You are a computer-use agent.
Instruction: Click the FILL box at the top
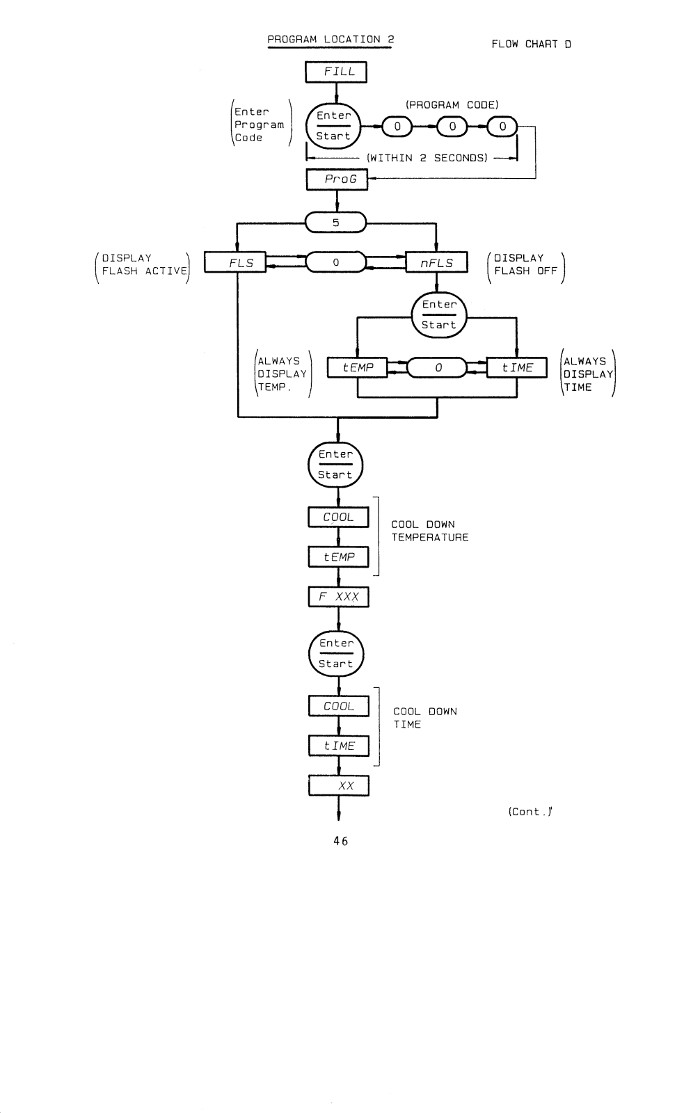pyautogui.click(x=336, y=72)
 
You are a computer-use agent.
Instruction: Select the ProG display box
pyautogui.click(x=337, y=179)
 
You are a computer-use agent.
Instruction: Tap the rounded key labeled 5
pyautogui.click(x=335, y=222)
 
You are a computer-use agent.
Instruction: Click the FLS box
pyautogui.click(x=235, y=262)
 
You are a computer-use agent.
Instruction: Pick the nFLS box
pyautogui.click(x=437, y=262)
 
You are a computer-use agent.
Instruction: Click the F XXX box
pyautogui.click(x=338, y=597)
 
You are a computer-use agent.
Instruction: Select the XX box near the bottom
pyautogui.click(x=338, y=785)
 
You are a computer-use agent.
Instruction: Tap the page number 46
pyautogui.click(x=341, y=841)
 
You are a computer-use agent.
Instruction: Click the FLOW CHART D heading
pyautogui.click(x=532, y=45)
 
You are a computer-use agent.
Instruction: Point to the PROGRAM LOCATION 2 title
pyautogui.click(x=330, y=39)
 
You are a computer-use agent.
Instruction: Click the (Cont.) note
pyautogui.click(x=530, y=811)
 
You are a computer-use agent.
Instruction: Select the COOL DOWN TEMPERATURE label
pyautogui.click(x=430, y=531)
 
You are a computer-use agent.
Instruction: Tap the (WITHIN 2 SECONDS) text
pyautogui.click(x=427, y=158)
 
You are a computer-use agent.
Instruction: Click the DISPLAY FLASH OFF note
pyautogui.click(x=526, y=264)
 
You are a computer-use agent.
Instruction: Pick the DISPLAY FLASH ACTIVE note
pyautogui.click(x=145, y=264)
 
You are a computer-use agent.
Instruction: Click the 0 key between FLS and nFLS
pyautogui.click(x=336, y=262)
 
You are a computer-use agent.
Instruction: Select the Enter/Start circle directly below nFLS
pyautogui.click(x=439, y=315)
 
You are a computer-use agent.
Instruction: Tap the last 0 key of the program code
pyautogui.click(x=502, y=127)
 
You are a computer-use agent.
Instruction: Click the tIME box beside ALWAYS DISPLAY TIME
pyautogui.click(x=517, y=368)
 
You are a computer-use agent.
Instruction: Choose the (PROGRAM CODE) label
pyautogui.click(x=452, y=105)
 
